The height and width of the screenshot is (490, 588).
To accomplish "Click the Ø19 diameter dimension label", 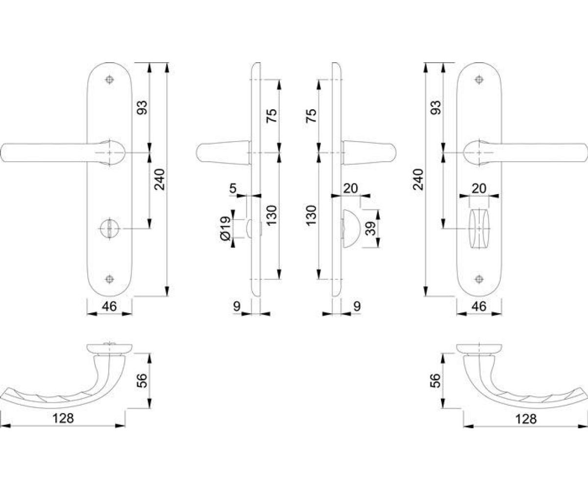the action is (226, 229).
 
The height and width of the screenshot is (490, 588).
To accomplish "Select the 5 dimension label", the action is (233, 188).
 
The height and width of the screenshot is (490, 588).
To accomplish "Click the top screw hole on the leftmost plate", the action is (110, 80).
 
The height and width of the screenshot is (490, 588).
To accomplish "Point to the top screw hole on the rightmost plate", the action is (479, 80).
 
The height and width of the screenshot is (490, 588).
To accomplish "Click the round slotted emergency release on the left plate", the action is (110, 228).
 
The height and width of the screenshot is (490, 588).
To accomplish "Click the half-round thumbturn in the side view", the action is (351, 228).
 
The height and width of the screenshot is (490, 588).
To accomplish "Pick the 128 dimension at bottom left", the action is (63, 418).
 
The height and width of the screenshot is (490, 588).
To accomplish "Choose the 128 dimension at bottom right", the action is (526, 419).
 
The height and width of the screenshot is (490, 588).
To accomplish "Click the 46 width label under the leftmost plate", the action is (109, 306).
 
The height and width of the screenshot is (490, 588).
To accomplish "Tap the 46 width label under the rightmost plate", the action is (479, 306).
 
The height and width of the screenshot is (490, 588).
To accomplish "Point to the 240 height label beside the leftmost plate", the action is (160, 179).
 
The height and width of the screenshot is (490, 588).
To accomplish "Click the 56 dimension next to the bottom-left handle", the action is (144, 381).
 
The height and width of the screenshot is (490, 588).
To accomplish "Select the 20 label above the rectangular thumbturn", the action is (479, 188).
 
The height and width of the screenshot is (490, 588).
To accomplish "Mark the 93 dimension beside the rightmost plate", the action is (436, 108).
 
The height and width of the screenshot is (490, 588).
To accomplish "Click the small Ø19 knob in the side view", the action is (249, 228).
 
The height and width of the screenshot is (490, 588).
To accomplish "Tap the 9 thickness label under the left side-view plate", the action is (237, 306).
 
